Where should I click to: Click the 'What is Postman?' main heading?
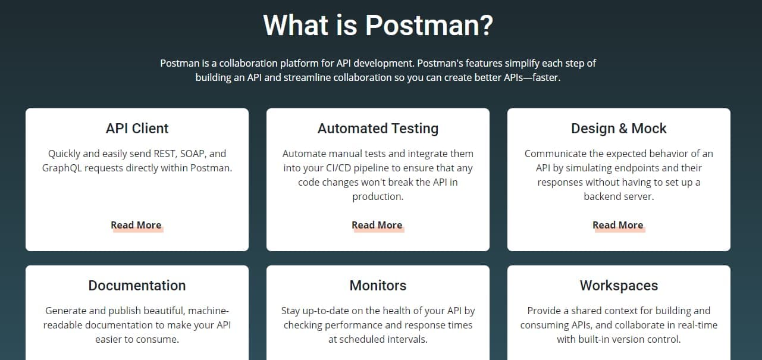click(378, 25)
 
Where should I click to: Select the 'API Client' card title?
click(137, 129)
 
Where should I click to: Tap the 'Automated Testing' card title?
click(378, 129)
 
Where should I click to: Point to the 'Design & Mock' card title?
click(619, 129)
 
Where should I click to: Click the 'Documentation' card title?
click(137, 286)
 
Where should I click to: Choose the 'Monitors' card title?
click(378, 286)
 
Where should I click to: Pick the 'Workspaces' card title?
click(619, 286)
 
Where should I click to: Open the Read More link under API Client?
click(136, 226)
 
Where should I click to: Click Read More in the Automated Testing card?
click(377, 226)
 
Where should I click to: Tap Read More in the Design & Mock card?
click(618, 226)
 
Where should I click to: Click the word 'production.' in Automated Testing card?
click(378, 197)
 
